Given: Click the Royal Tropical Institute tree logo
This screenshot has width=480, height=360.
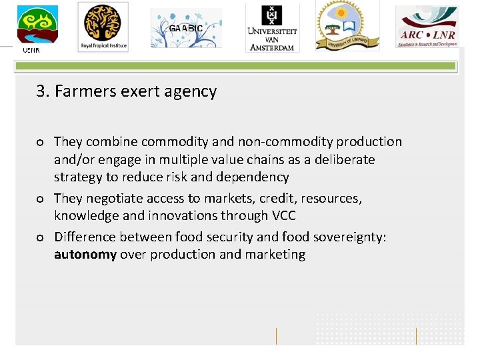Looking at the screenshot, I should (x=102, y=27).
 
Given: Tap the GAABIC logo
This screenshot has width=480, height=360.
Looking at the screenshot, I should (x=186, y=29).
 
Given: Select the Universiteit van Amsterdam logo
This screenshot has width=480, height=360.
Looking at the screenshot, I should (x=272, y=27).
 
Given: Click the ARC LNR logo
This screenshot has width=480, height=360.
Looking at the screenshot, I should (x=427, y=27).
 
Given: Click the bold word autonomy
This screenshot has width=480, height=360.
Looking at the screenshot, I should (x=85, y=254).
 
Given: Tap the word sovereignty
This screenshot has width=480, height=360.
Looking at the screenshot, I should (x=347, y=237).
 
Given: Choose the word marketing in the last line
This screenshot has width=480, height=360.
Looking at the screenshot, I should (x=276, y=254).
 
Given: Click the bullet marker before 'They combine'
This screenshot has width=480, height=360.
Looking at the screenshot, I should (x=41, y=142).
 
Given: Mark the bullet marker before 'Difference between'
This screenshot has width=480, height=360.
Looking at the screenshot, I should (x=41, y=237).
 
